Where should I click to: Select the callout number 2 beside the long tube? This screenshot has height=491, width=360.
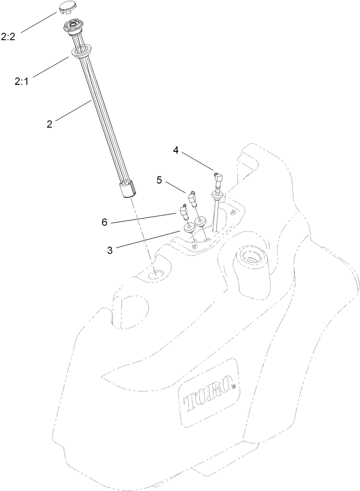click(50, 124)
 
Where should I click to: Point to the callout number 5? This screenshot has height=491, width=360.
click(159, 180)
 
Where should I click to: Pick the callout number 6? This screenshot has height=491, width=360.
click(105, 222)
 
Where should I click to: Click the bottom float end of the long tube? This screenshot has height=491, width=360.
click(126, 189)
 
